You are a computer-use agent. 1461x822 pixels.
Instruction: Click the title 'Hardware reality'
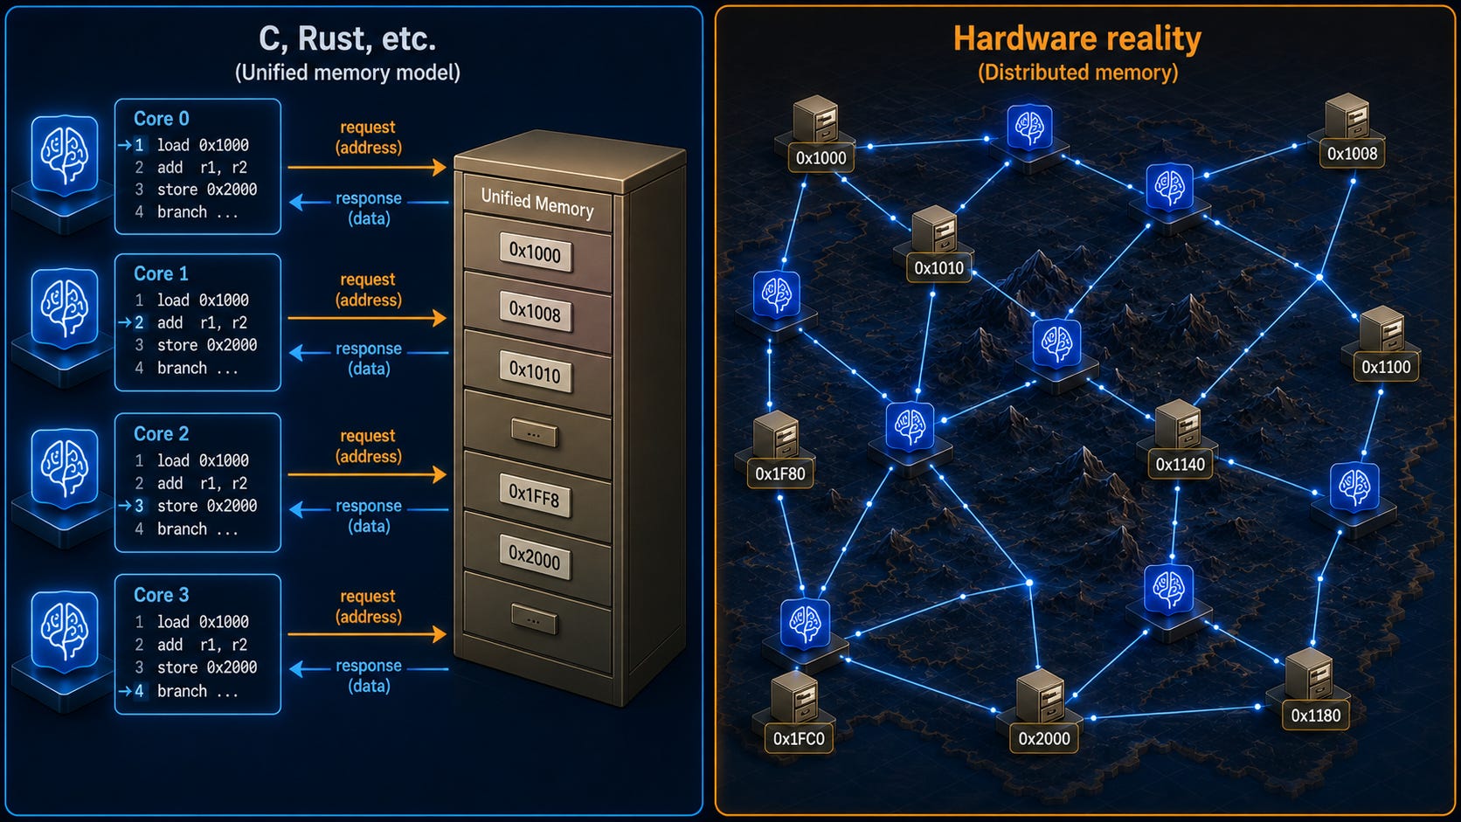[1077, 38]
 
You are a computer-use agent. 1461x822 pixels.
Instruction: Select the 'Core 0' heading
[161, 119]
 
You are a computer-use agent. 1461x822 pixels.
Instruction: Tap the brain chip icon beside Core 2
[65, 468]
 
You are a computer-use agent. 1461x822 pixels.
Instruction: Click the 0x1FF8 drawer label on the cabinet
[534, 497]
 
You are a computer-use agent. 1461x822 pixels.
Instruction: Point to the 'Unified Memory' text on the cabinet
[537, 203]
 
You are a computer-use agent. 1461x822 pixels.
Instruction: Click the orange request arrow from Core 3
[367, 633]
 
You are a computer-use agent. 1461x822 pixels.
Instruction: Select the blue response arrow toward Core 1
[369, 353]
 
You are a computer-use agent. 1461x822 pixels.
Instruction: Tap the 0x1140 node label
[1180, 464]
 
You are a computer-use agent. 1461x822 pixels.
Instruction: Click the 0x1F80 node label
[780, 474]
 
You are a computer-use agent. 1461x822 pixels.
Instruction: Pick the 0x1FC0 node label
[799, 738]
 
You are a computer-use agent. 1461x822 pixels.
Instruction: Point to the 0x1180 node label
[1316, 715]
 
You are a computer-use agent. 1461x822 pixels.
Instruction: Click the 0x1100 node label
[1386, 367]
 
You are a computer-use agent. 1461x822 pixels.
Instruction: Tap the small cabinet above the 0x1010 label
[935, 230]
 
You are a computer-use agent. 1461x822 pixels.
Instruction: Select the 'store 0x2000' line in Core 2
[207, 506]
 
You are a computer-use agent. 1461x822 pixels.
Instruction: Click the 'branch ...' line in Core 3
[197, 691]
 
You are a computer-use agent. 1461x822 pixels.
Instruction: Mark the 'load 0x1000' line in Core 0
[202, 145]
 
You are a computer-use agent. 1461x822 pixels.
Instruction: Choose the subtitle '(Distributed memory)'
[1077, 73]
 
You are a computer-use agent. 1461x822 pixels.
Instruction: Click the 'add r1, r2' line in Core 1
[202, 322]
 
